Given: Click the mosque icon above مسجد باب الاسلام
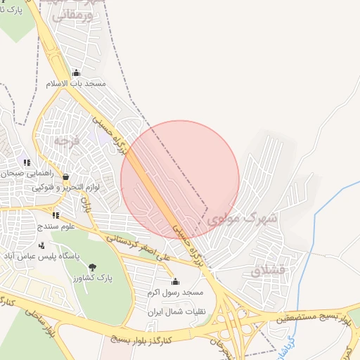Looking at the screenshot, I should pos(76,73).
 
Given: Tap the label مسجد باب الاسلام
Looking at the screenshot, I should pos(76,84).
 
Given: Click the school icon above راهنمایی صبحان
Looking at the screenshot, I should pos(27,163).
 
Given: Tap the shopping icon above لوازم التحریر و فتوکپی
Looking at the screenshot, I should pos(65,177).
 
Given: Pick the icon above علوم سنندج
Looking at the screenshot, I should pos(56,215).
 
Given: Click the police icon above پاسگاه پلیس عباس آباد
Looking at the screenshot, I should pos(41,245).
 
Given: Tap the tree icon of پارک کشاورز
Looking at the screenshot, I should pos(92,267).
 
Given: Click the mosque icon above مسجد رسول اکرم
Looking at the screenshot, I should pos(175,281).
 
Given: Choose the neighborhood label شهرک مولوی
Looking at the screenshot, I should pos(242,219).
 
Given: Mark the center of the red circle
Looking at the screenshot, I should pos(180,179).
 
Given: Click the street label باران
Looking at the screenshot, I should pos(87,205).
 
